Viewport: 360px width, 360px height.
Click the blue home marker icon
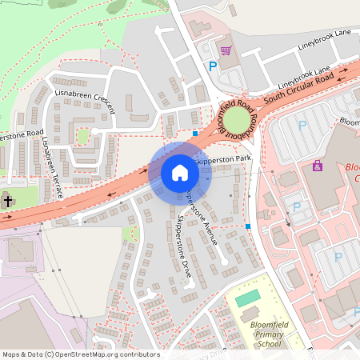coord(180,173)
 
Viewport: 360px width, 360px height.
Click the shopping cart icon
coord(226,50)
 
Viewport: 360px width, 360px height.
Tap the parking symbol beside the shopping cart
coord(213,67)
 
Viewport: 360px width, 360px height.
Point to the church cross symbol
coord(6,201)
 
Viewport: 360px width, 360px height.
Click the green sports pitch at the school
coord(249,297)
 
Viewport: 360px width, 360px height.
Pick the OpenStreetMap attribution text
coord(81,354)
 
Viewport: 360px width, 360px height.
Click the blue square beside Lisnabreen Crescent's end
coord(195,133)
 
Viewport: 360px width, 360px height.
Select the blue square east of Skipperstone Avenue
coord(249,226)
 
